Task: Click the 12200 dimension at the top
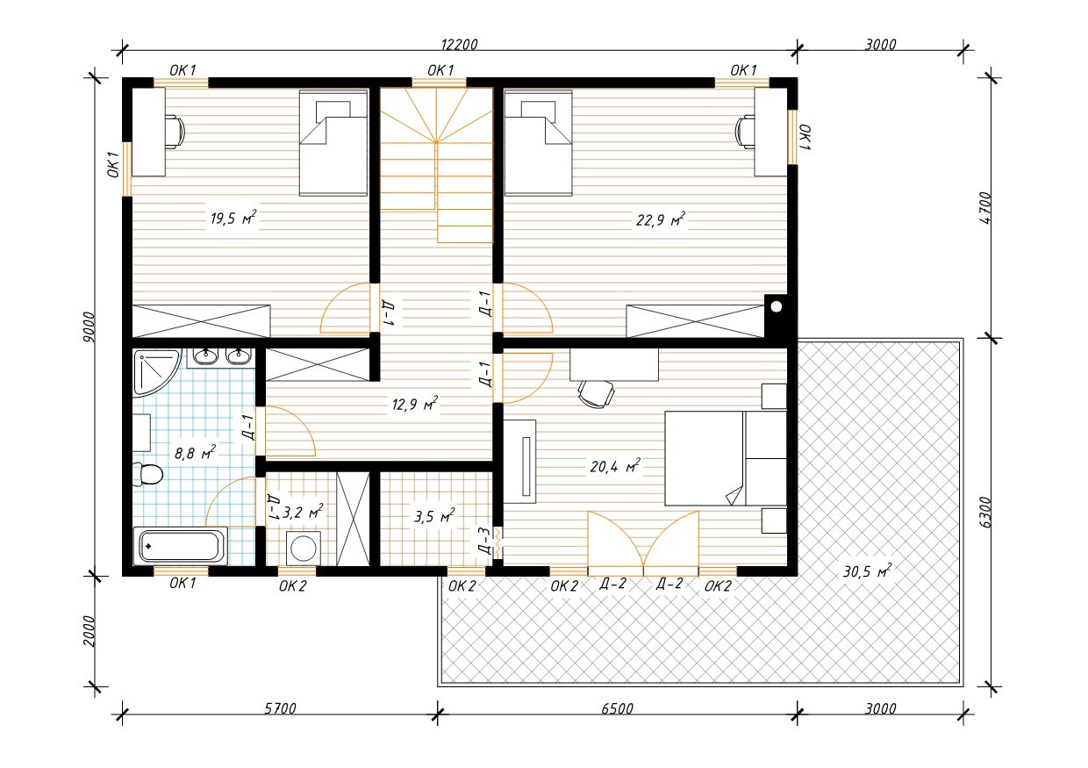coord(459,45)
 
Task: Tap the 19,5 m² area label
coord(233,218)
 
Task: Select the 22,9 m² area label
coord(661,219)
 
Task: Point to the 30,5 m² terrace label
coord(867,571)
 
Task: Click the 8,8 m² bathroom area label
coord(195,453)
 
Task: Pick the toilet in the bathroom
coord(147,474)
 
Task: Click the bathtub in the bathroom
coord(180,546)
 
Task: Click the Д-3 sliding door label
coord(484,542)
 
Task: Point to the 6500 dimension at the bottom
coord(618,708)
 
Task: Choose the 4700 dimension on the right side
coord(985,208)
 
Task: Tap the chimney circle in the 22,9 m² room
coord(777,306)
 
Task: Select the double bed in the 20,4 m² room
coord(726,458)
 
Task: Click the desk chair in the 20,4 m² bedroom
coord(596,393)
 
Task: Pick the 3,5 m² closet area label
coord(434,516)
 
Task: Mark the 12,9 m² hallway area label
coord(415,404)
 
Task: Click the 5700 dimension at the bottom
coord(280,708)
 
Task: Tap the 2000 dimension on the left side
coord(89,631)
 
